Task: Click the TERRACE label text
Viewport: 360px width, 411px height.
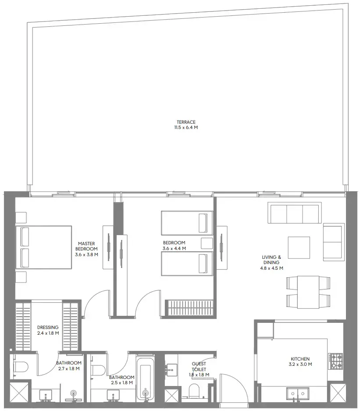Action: (186, 122)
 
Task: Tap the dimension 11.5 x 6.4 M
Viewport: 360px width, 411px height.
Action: (186, 128)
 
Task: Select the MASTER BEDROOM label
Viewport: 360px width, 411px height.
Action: (86, 246)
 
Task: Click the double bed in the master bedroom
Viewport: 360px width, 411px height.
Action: (43, 247)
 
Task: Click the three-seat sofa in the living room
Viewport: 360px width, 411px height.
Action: (294, 214)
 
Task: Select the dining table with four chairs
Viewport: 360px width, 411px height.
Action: (308, 291)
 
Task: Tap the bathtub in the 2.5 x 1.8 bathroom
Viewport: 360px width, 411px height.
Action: (145, 378)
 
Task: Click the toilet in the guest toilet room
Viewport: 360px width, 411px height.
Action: (193, 390)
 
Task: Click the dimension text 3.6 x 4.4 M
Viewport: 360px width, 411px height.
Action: (174, 248)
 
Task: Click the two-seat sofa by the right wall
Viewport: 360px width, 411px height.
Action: (333, 241)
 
